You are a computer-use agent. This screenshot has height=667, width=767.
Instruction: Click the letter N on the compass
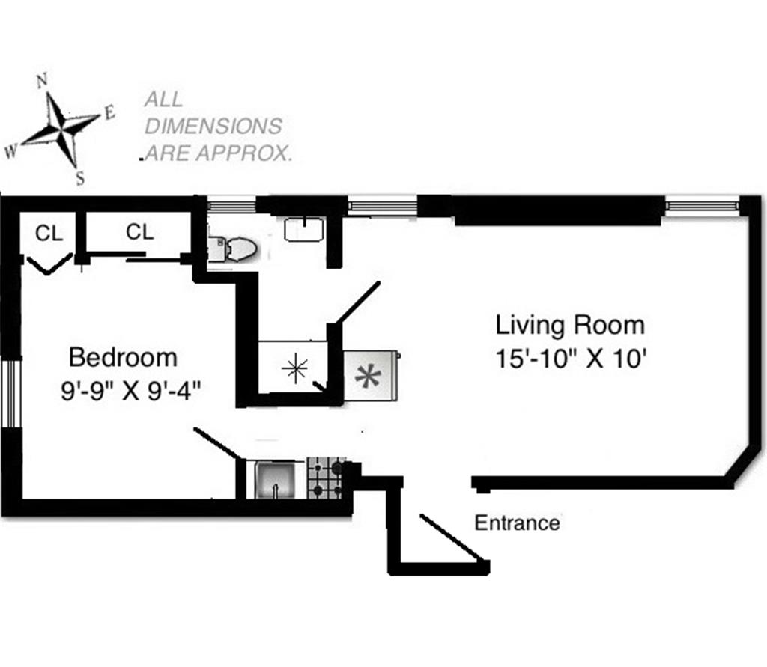[x=42, y=80]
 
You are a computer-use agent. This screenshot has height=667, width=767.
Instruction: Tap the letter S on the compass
[x=80, y=179]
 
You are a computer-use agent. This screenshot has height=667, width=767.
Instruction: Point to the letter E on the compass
[x=109, y=113]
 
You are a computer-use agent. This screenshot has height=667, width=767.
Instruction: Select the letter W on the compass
[x=10, y=151]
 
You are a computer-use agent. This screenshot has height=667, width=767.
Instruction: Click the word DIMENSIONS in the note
[x=213, y=127]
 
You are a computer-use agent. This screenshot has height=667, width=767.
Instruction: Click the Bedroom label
[x=123, y=358]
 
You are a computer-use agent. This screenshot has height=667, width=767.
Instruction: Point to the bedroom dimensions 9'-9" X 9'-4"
[x=131, y=391]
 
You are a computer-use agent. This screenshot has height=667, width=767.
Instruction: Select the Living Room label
[x=570, y=326]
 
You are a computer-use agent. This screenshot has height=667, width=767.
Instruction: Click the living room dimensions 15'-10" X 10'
[x=572, y=359]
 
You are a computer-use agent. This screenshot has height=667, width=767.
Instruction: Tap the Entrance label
[x=517, y=523]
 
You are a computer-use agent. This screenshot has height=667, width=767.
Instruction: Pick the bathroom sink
[x=304, y=229]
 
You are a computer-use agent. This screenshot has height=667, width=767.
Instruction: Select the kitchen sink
[x=276, y=480]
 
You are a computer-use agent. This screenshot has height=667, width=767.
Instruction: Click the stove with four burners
[x=325, y=478]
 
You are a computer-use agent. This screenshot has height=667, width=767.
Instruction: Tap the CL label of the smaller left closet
[x=49, y=234]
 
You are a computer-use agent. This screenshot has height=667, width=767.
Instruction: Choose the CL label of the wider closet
[x=140, y=231]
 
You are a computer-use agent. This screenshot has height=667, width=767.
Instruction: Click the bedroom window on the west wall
[x=10, y=394]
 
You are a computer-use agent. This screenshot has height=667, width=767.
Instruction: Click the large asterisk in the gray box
[x=368, y=376]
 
